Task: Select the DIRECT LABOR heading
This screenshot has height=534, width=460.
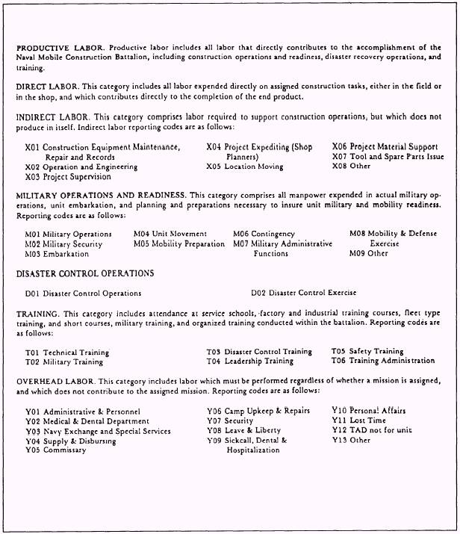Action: [46, 87]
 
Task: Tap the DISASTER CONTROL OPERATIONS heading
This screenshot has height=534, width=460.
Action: [84, 273]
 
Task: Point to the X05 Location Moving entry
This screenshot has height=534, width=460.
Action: [245, 167]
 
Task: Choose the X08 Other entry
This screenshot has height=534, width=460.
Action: [351, 167]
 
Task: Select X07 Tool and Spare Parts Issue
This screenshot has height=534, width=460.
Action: [388, 157]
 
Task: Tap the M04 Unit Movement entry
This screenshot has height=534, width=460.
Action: [170, 234]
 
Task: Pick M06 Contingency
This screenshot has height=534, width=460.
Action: [264, 234]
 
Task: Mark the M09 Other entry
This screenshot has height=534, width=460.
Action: [368, 253]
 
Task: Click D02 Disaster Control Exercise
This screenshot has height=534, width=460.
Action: [303, 293]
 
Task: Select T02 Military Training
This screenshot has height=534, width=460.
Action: [64, 362]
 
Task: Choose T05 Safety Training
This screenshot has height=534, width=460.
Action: [367, 351]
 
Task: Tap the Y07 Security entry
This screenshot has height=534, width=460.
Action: [230, 421]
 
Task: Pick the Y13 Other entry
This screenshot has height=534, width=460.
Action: [350, 441]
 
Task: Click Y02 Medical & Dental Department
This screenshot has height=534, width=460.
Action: [87, 421]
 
